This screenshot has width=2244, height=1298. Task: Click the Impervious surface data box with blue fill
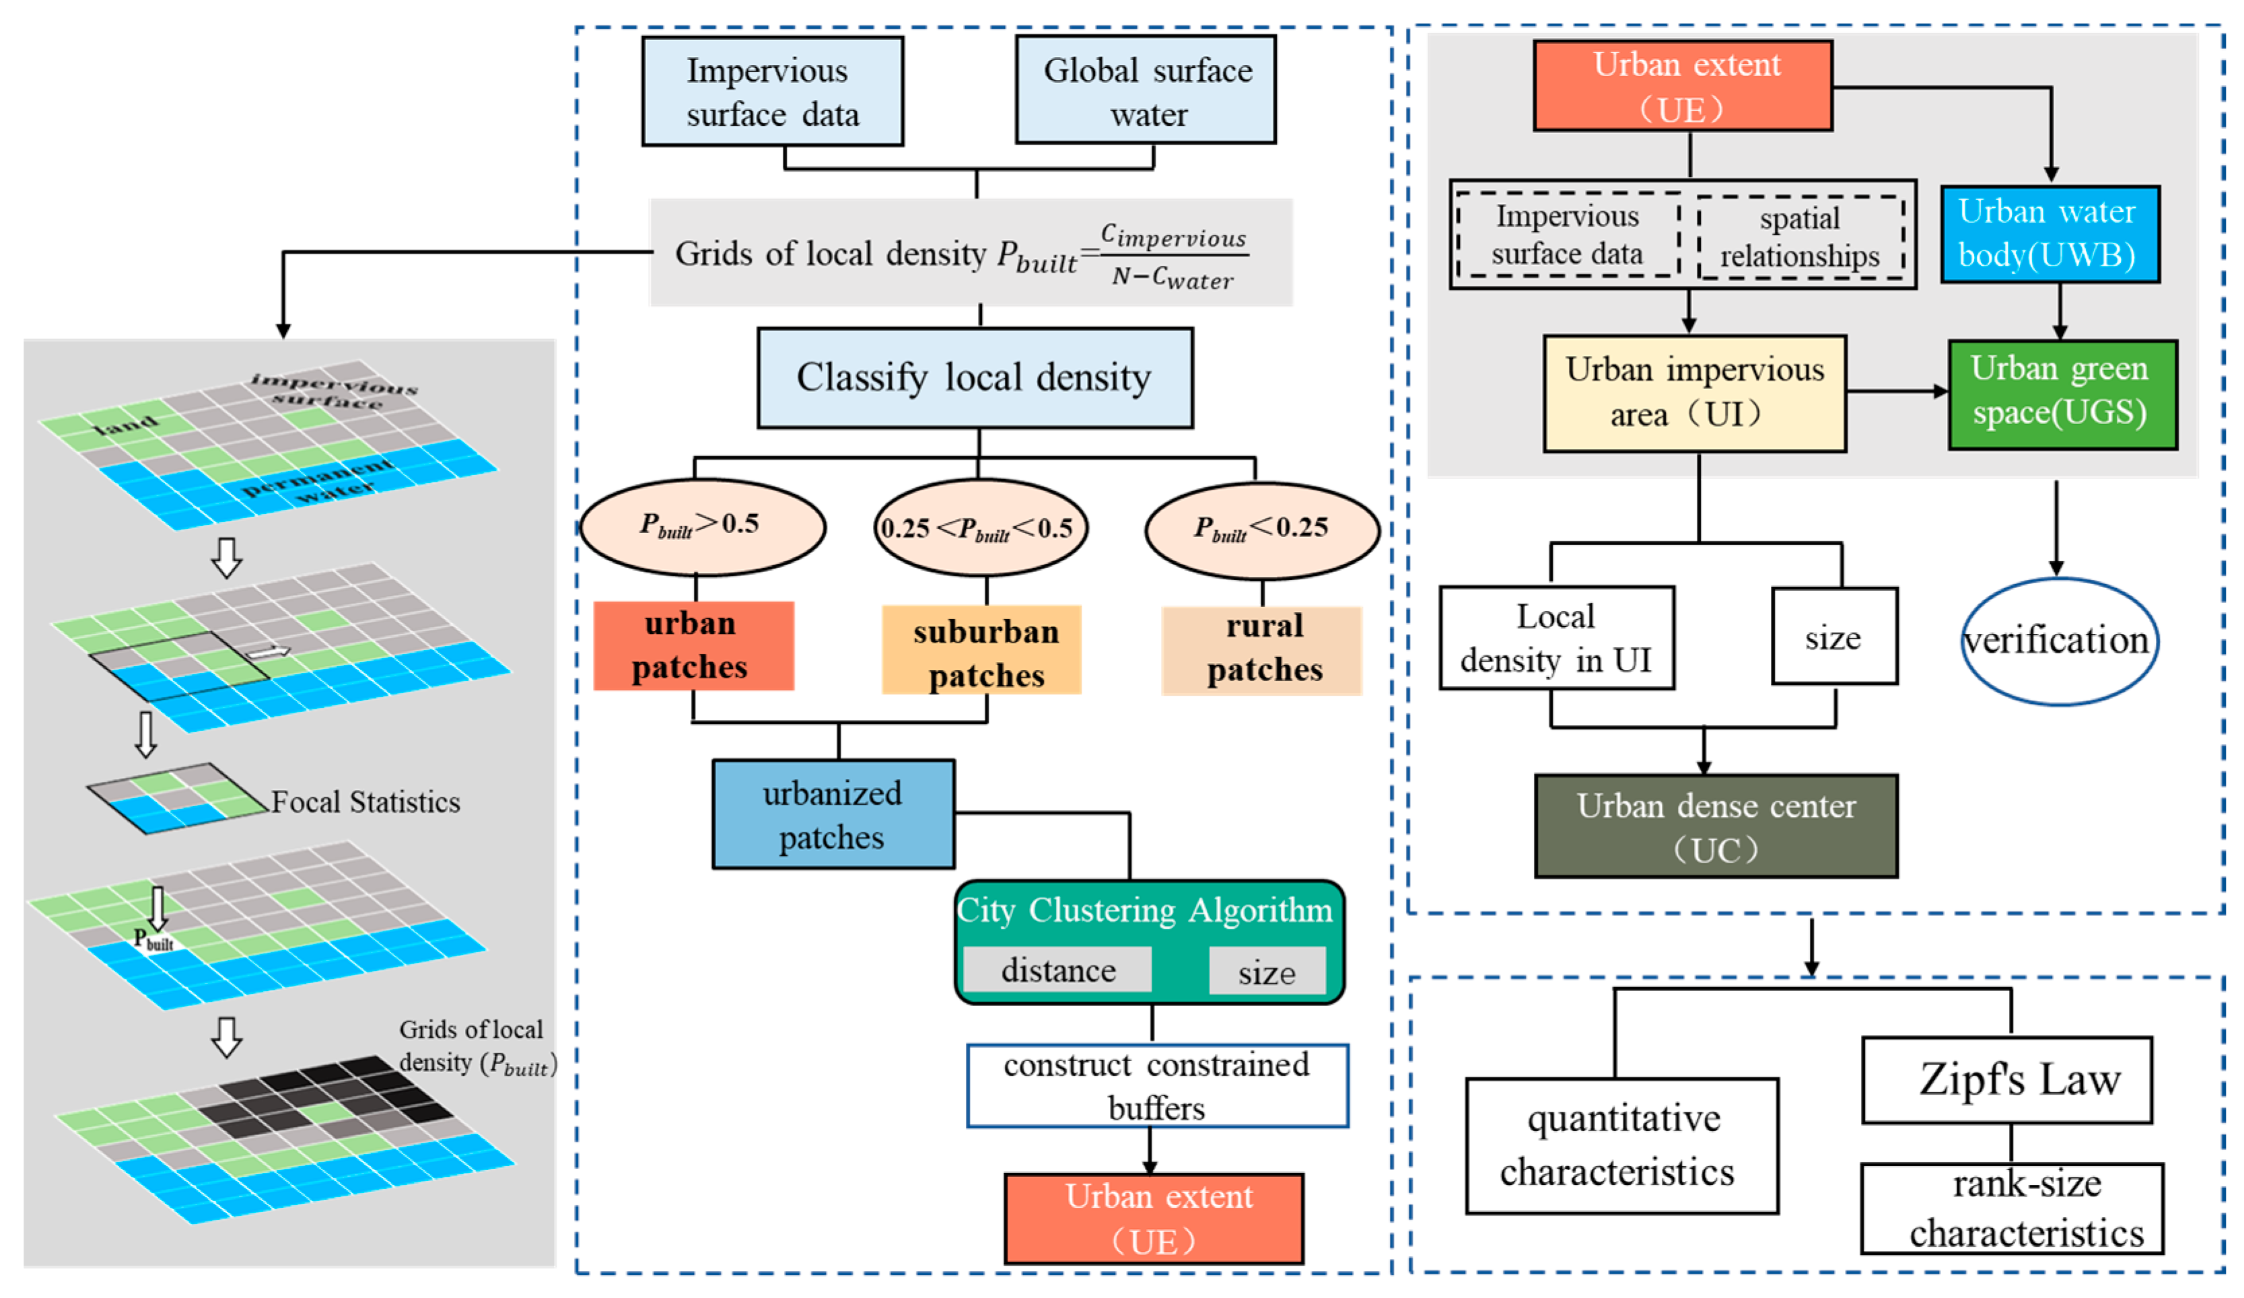click(772, 92)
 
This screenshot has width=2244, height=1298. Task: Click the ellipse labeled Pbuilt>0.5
click(702, 527)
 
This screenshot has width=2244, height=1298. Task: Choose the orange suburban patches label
click(981, 651)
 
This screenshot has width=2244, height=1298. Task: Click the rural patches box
click(1262, 651)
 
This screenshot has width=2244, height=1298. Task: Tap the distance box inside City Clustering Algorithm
click(1057, 970)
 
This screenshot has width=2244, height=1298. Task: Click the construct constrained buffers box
click(1157, 1085)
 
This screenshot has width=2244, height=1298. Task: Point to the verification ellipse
click(2059, 641)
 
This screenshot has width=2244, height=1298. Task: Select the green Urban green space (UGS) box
click(2062, 394)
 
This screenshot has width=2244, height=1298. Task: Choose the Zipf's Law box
click(2006, 1079)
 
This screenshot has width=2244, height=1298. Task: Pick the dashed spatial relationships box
click(1800, 238)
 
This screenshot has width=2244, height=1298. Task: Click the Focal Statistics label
click(365, 802)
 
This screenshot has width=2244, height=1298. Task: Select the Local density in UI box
click(1555, 637)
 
